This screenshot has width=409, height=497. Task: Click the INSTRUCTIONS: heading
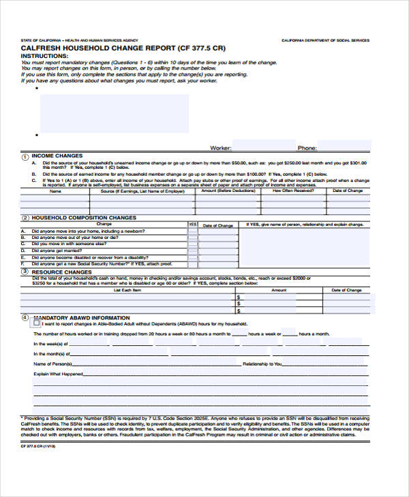(45, 56)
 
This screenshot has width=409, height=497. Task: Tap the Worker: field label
(221, 148)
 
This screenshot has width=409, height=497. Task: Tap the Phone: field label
(306, 148)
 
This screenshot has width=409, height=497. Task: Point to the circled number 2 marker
(25, 218)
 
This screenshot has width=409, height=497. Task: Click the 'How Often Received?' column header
(293, 191)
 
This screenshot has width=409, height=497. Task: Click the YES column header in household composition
(192, 224)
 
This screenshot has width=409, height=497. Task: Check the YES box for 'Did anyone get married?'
(192, 251)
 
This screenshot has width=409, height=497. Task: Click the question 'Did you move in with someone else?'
(69, 244)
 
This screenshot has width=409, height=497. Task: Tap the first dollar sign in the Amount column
(238, 298)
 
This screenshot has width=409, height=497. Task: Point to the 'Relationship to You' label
(262, 364)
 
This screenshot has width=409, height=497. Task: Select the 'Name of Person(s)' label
(54, 364)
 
